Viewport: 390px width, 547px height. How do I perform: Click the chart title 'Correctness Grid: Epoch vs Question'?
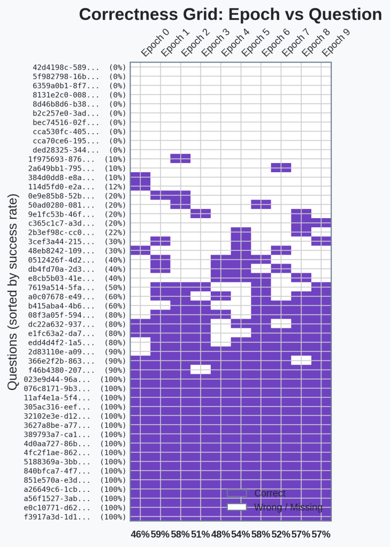[230, 14]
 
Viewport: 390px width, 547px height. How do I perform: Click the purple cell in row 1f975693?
[180, 158]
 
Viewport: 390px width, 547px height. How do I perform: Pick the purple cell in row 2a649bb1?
[281, 167]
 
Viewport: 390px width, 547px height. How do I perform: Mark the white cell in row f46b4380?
[201, 369]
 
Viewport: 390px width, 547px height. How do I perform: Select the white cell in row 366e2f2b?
[301, 360]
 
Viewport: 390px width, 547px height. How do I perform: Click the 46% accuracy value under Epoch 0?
[140, 534]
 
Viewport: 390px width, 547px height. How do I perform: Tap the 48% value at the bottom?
[220, 534]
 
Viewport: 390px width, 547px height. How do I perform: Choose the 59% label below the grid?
[160, 534]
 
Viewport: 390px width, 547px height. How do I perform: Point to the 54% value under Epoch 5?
[241, 534]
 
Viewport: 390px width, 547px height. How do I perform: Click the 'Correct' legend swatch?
[236, 493]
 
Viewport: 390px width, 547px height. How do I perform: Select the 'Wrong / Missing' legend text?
[288, 507]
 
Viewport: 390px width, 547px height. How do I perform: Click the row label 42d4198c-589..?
[66, 68]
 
